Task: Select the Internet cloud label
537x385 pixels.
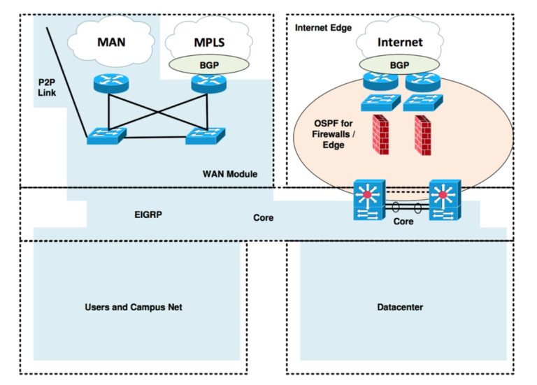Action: pos(400,42)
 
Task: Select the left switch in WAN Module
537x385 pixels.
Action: pos(106,135)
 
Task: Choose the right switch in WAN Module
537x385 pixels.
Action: pos(204,135)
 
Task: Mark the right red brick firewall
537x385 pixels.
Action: pos(422,135)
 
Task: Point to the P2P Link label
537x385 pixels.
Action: pos(48,87)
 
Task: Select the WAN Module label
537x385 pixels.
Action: pos(229,173)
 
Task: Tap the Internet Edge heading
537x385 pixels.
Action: pos(324,28)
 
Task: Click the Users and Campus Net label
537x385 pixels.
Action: pos(134,307)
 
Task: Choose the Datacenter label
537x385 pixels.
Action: pos(399,307)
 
